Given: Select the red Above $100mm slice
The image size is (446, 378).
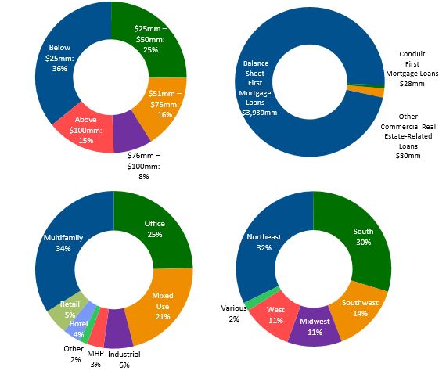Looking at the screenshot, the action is click(x=85, y=130).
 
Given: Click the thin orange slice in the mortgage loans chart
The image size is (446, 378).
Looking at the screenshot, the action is click(x=365, y=92).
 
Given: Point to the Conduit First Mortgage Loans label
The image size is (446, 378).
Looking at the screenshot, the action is click(x=412, y=69).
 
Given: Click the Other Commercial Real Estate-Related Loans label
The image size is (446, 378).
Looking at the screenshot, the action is click(x=408, y=136).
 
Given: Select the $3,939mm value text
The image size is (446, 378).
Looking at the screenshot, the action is click(x=260, y=113).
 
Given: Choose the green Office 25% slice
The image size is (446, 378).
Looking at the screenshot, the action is click(x=156, y=229).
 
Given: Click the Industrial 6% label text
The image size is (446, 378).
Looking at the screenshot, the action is click(x=124, y=359).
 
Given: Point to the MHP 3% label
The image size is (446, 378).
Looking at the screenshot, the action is click(x=95, y=358).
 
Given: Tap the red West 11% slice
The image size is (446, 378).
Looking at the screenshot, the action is click(x=275, y=315).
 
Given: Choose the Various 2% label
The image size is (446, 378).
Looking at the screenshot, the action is click(x=234, y=314).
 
